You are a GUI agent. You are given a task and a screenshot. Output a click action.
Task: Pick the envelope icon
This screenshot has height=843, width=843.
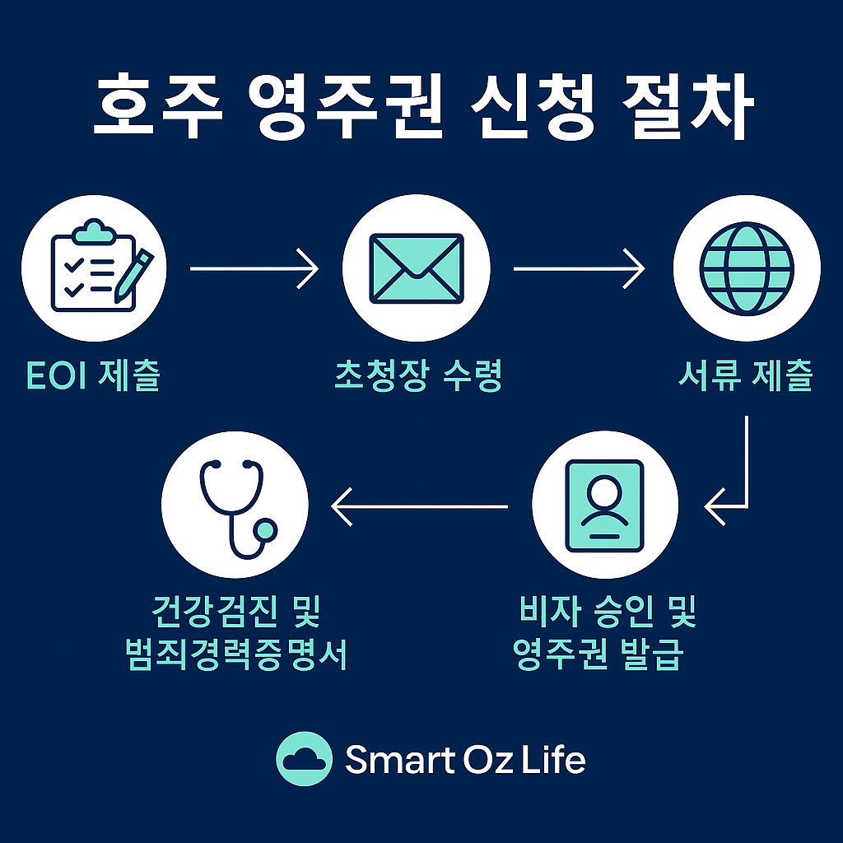point(416,268)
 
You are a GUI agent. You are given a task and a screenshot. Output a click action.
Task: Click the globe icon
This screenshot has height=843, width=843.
point(747,268)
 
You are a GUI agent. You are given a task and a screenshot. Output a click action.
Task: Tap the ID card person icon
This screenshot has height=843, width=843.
point(605,505)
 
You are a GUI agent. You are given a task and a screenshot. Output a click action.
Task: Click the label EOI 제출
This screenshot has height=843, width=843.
point(93,376)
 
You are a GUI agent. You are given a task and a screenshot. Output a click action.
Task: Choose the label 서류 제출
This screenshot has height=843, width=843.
point(746,376)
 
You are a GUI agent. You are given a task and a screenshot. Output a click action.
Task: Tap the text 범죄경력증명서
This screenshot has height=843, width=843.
point(235,656)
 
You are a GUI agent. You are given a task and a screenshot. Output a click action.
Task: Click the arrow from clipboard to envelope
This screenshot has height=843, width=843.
point(254,268)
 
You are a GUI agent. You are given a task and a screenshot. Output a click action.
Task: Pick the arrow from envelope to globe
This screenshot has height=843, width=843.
point(579,268)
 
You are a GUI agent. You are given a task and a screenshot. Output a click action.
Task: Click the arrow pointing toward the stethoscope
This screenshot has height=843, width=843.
point(420,505)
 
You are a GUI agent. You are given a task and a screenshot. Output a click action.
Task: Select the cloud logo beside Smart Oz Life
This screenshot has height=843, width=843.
point(304,758)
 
